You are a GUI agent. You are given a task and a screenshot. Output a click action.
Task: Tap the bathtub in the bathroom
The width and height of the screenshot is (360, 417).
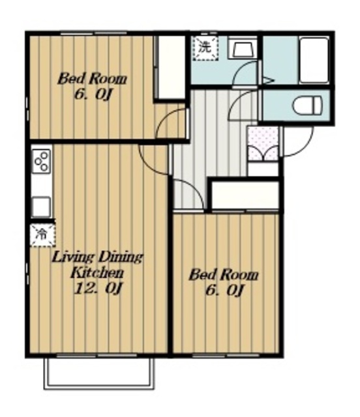coord(314,60)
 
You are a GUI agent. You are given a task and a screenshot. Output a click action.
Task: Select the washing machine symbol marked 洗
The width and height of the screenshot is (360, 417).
coord(205,48)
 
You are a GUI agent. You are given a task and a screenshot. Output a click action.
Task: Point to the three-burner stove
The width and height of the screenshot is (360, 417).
coord(42,161)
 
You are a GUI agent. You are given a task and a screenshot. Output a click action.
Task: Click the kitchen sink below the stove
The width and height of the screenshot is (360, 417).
coord(41,207)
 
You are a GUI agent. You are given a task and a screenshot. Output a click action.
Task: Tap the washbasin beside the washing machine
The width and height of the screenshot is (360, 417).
coord(243,49)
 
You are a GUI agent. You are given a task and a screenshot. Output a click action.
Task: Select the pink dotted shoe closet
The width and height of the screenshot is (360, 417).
coord(263,143)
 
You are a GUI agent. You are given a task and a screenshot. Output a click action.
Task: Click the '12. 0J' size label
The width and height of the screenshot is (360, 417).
coord(99,288)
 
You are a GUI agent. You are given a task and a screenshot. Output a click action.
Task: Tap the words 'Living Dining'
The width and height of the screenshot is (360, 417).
coord(97,257)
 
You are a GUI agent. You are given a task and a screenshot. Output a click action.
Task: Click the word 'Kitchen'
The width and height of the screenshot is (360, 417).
coord(97,273)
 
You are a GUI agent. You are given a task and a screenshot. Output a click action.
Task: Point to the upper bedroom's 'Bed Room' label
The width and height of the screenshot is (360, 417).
coord(92,79)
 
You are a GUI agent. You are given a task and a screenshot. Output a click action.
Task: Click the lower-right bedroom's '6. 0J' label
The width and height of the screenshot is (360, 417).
coord(224,291)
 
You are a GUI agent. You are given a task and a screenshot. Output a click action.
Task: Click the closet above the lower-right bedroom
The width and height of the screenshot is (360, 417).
coord(245,195)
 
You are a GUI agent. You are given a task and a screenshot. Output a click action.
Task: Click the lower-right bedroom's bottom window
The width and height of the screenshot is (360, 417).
coord(226,355)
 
